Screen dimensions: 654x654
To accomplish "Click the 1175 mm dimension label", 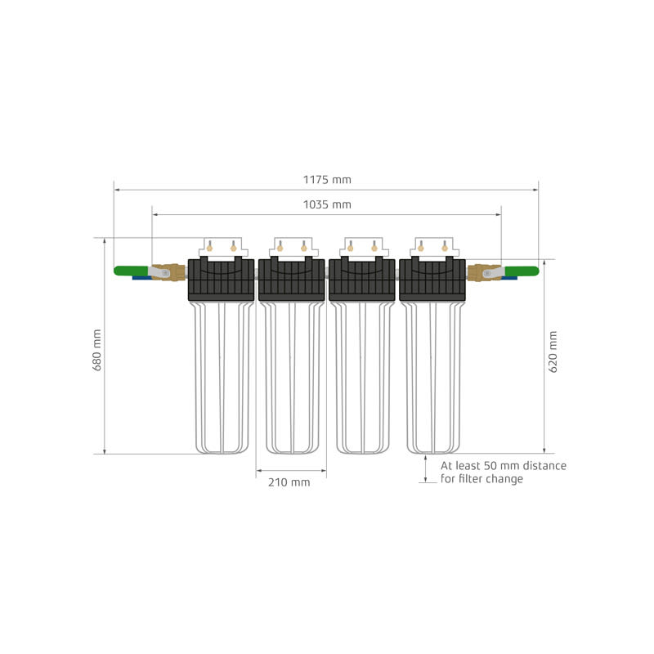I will pyautogui.click(x=327, y=180).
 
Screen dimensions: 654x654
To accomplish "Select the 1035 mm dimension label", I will pyautogui.click(x=327, y=204).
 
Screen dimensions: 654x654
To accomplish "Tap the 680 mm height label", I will pyautogui.click(x=97, y=351).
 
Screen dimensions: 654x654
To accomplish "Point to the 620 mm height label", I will pyautogui.click(x=553, y=352).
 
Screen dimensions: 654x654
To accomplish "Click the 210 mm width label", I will pyautogui.click(x=289, y=482).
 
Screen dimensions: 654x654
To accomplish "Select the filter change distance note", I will pyautogui.click(x=503, y=473).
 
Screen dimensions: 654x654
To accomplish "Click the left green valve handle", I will pyautogui.click(x=130, y=271).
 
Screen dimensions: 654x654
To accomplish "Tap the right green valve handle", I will pyautogui.click(x=522, y=271).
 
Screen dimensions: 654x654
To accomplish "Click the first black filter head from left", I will pyautogui.click(x=222, y=280).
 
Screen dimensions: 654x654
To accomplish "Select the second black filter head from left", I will pyautogui.click(x=292, y=280).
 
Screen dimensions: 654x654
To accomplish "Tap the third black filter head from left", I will pyautogui.click(x=362, y=280).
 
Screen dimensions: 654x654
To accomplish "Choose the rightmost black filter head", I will pyautogui.click(x=432, y=280).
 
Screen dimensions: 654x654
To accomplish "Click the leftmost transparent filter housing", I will pyautogui.click(x=221, y=376).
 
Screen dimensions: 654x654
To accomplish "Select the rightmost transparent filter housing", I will pyautogui.click(x=433, y=376).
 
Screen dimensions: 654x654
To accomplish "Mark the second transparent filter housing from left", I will pyautogui.click(x=292, y=376).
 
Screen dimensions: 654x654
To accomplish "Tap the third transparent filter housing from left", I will pyautogui.click(x=362, y=376).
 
